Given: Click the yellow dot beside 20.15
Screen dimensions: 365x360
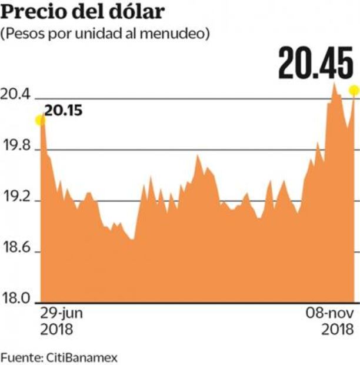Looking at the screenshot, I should (40, 120).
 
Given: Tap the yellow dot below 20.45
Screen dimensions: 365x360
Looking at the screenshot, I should (354, 90).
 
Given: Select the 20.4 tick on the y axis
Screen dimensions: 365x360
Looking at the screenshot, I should (17, 97).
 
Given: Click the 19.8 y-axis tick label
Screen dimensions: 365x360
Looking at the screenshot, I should (17, 148).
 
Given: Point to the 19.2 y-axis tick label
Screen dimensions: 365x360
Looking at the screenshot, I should (17, 200).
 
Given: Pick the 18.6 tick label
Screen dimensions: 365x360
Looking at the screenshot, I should (17, 251).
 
